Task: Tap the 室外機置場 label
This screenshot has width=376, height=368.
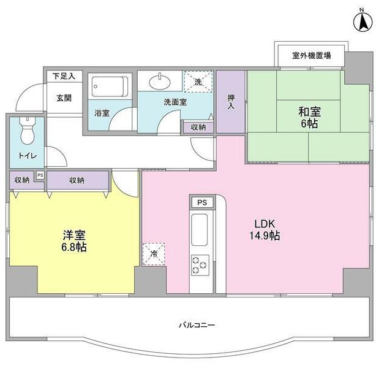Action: pos(311,56)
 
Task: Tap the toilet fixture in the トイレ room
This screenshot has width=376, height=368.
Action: pos(27,131)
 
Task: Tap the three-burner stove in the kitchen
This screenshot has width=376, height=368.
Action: pos(200,264)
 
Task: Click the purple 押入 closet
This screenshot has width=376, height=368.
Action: pos(231,102)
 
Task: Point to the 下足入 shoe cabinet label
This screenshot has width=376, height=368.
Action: pos(63,76)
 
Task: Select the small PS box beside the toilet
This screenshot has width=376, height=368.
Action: pos(40,175)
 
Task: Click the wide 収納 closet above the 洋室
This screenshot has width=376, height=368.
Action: pos(77,180)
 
